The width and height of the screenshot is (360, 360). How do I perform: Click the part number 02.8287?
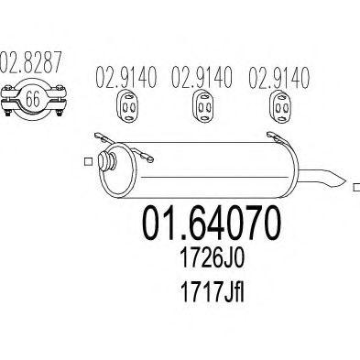tap(30, 62)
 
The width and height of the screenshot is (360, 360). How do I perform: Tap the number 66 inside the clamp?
tap(32, 99)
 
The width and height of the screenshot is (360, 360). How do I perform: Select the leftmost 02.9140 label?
tap(126, 77)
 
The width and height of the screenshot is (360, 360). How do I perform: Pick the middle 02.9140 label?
tap(202, 77)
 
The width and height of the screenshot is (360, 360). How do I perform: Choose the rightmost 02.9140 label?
tap(278, 77)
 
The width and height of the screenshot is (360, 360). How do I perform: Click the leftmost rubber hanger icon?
tap(128, 106)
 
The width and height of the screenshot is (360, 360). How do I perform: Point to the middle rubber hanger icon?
tap(203, 106)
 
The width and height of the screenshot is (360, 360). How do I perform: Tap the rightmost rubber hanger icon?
tap(281, 106)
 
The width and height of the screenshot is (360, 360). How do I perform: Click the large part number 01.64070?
tap(211, 223)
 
